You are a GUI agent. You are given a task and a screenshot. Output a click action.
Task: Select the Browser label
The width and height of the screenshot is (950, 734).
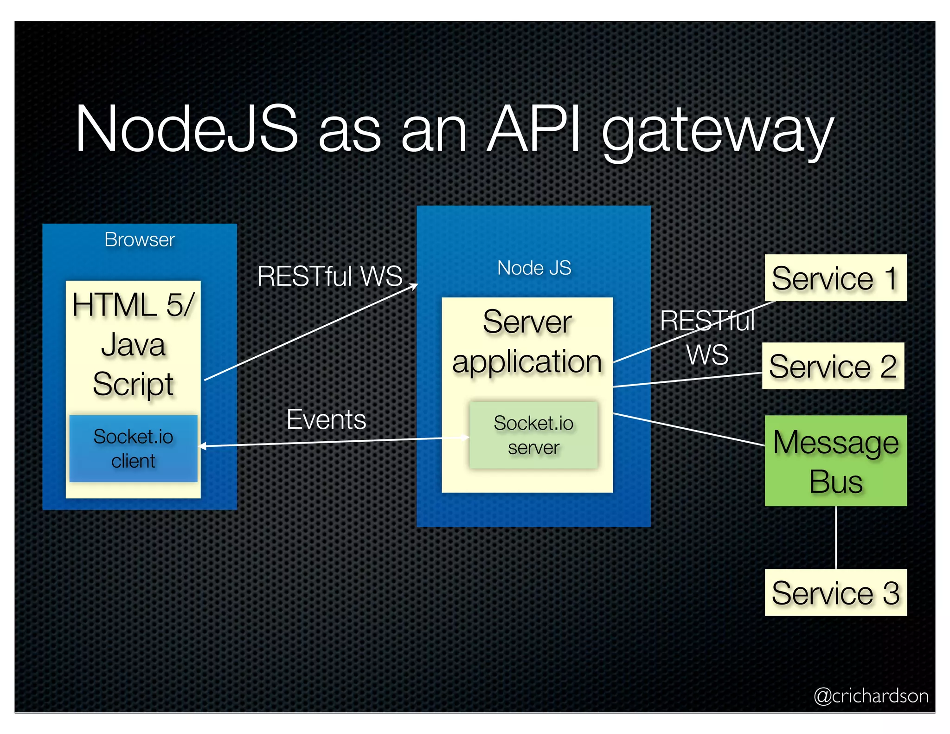click(139, 240)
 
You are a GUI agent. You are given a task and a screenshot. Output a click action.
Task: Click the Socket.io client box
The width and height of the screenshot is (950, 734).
click(133, 448)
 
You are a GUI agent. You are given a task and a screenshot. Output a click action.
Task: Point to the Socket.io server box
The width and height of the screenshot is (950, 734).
click(533, 435)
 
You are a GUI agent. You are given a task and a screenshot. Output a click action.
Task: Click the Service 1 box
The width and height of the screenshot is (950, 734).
click(835, 278)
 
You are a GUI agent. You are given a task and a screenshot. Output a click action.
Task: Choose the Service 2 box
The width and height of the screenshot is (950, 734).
click(833, 366)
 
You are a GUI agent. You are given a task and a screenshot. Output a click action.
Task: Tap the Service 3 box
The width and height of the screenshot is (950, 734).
click(835, 592)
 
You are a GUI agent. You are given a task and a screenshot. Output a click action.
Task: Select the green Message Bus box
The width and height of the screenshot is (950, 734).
click(835, 461)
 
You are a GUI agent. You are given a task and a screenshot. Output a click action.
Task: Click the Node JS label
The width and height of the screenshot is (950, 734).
click(534, 268)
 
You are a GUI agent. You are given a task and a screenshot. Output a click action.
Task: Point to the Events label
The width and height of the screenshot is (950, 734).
click(326, 419)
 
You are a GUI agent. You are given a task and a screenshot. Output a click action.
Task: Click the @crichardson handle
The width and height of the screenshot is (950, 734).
click(871, 695)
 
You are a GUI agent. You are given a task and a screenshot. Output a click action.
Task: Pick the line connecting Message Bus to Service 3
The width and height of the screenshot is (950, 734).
click(835, 537)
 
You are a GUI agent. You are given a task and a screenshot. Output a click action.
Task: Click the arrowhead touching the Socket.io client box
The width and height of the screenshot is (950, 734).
click(202, 446)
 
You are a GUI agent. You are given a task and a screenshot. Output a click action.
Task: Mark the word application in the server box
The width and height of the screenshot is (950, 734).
click(527, 362)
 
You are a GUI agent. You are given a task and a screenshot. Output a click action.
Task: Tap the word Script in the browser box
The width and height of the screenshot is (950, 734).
click(133, 384)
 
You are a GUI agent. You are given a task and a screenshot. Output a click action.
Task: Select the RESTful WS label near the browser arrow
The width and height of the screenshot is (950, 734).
click(329, 276)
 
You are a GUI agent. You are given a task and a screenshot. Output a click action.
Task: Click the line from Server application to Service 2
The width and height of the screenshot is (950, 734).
click(687, 380)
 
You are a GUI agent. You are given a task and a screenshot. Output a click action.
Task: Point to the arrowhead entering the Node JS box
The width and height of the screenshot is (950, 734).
click(414, 286)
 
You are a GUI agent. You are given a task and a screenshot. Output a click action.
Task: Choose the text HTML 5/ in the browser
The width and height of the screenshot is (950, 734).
click(133, 305)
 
